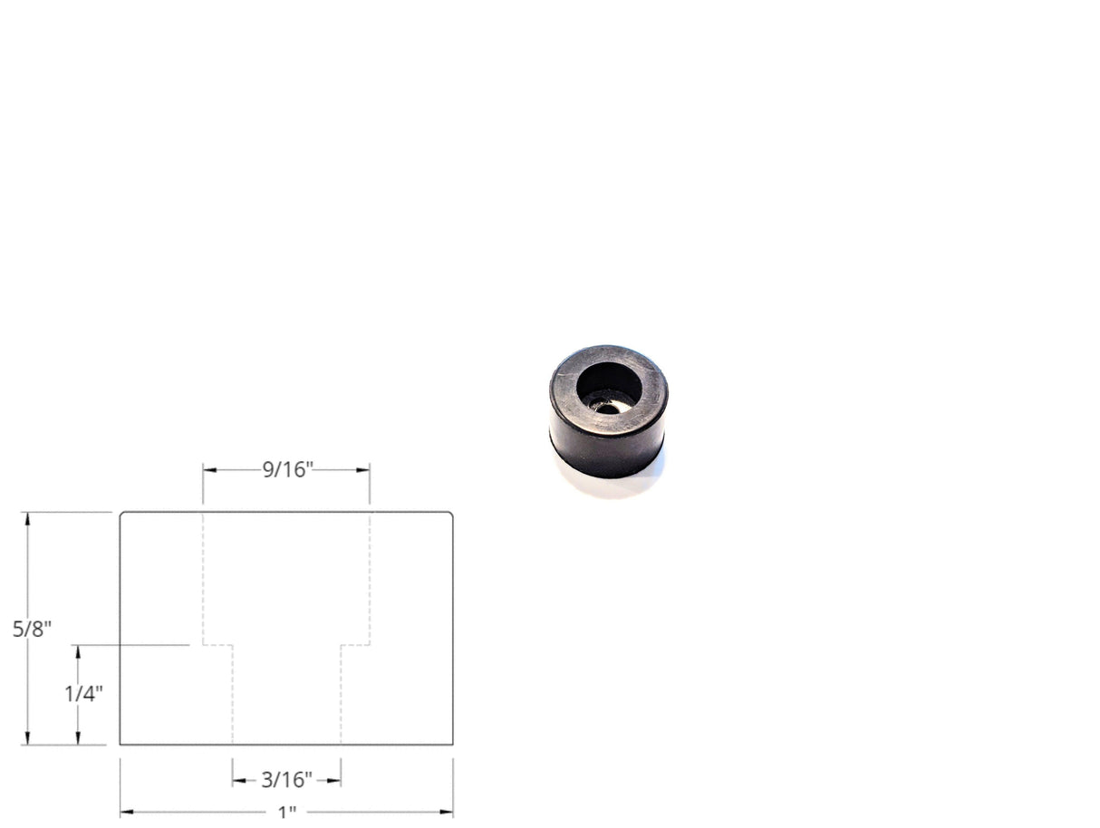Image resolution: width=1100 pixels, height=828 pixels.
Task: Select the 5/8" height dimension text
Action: (33, 629)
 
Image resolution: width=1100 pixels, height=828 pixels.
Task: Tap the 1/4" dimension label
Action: (83, 694)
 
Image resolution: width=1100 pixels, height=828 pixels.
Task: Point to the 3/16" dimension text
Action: (286, 779)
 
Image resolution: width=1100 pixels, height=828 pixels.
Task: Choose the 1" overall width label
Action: (287, 812)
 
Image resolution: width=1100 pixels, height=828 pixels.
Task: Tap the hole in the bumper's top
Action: (609, 386)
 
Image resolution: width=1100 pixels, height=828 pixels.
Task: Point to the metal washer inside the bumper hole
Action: (606, 407)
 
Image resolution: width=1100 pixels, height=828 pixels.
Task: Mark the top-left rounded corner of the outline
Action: (122, 514)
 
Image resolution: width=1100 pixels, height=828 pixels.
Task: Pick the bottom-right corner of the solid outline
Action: (452, 745)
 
